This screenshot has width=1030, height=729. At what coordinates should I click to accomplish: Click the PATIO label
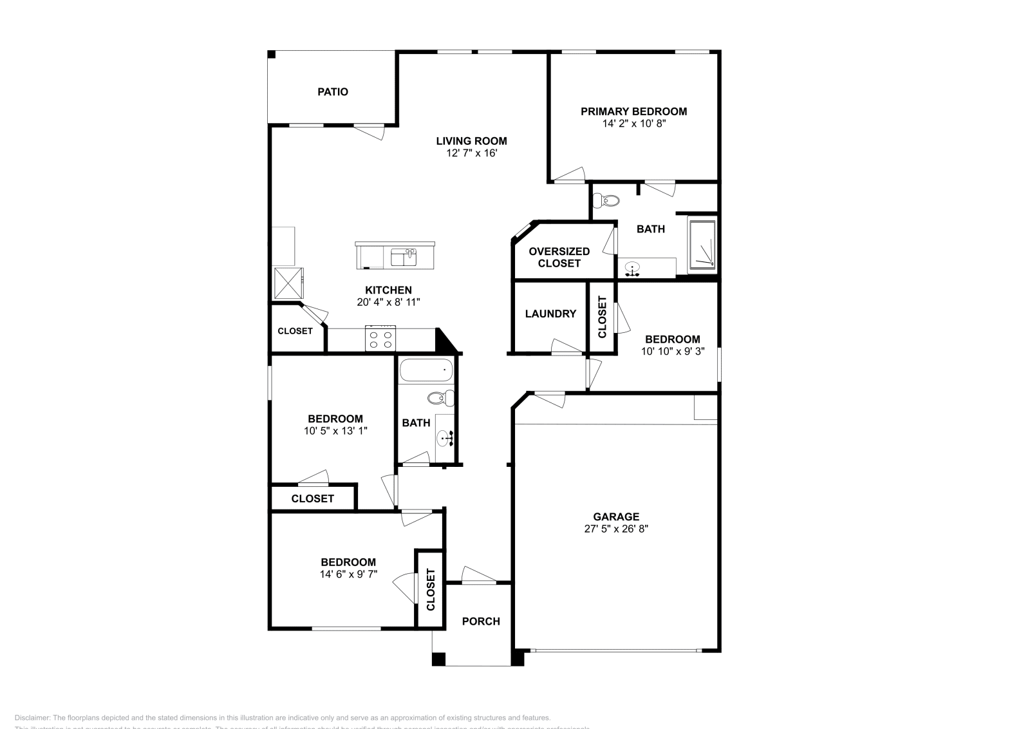[332, 92]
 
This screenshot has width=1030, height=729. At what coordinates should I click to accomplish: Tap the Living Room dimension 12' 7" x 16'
[471, 154]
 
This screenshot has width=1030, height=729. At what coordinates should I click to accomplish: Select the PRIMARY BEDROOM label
[633, 111]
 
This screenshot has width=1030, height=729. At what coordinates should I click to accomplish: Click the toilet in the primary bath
[606, 202]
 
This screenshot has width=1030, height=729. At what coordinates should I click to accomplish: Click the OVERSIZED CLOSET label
[559, 257]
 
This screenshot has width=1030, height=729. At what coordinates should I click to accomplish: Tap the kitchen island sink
[404, 257]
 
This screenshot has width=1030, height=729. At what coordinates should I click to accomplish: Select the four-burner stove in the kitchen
[380, 338]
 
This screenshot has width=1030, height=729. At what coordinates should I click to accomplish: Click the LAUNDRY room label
[550, 314]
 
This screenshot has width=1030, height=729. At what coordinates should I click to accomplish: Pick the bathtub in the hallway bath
[426, 371]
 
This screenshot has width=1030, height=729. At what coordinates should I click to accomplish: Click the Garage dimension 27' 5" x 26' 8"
[616, 529]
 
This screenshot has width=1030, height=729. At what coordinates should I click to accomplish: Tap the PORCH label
[481, 621]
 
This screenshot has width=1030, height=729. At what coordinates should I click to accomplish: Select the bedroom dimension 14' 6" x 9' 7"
[348, 574]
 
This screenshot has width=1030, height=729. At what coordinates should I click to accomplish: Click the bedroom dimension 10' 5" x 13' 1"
[335, 431]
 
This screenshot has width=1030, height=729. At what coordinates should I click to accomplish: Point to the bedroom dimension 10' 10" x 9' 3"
[673, 352]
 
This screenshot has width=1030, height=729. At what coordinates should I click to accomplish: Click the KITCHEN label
[388, 290]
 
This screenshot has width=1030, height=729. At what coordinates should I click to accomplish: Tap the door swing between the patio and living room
[371, 131]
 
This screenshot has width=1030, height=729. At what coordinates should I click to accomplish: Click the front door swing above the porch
[478, 575]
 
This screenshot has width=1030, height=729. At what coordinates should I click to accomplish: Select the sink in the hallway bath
[444, 439]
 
